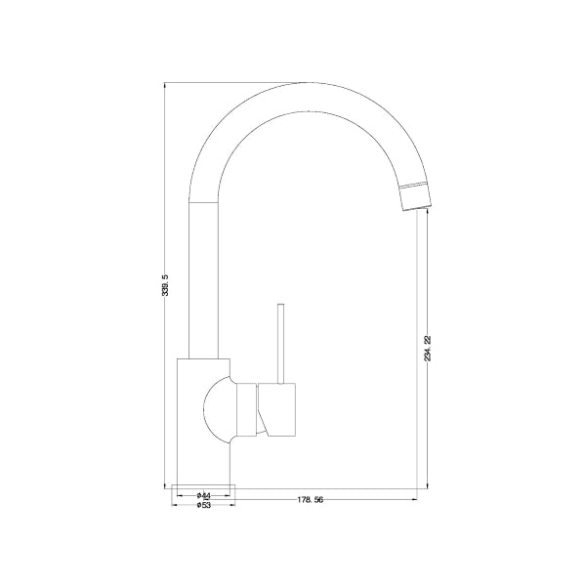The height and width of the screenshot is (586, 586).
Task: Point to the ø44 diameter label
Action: coord(202,495)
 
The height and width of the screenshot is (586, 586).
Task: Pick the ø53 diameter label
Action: coord(202,506)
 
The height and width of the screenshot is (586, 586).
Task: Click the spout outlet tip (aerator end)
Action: coord(414,195)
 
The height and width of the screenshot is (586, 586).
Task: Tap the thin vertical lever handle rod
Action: coord(279,342)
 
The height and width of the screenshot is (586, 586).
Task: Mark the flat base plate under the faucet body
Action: coord(202,484)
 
